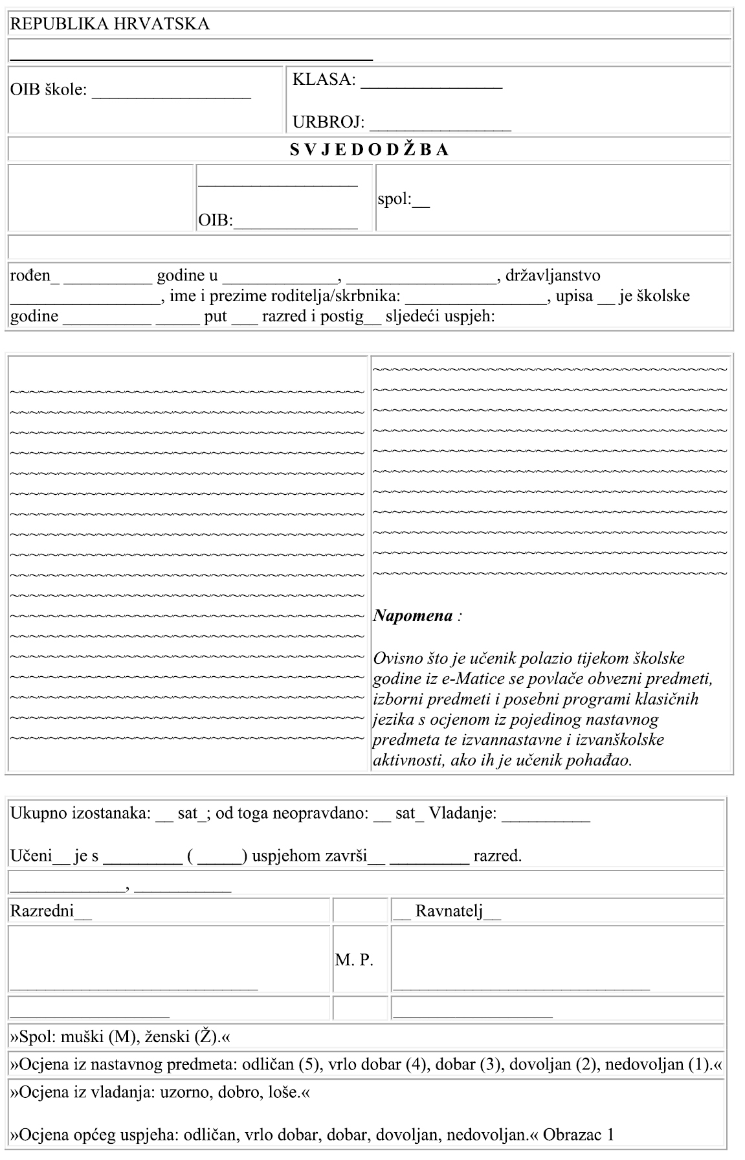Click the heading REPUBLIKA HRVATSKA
(109, 25)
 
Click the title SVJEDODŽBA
(369, 150)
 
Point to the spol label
(395, 199)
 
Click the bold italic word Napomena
(413, 615)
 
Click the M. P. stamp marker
(354, 961)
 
